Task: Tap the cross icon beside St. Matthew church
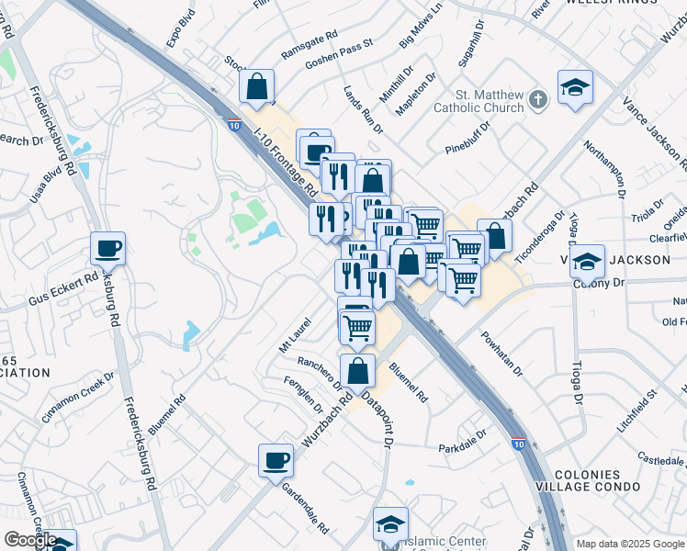coord(539,98)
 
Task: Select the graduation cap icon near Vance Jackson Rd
coord(575,87)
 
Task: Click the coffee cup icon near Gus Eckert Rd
coord(107,248)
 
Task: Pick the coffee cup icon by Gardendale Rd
coord(276,460)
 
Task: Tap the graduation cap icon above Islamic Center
coord(390,524)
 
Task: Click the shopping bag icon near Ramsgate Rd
coord(258,87)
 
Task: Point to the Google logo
coord(29,540)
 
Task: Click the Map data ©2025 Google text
coord(630,544)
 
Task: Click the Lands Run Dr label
coord(361,105)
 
